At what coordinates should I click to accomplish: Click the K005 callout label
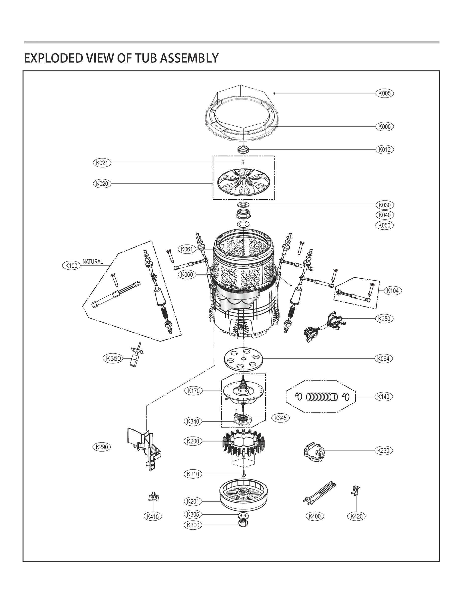coord(385,93)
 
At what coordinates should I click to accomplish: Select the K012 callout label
coord(385,149)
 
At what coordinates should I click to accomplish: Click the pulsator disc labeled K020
coord(243,182)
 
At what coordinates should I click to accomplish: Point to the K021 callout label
coord(102,163)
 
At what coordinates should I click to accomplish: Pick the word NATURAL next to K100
coord(93,262)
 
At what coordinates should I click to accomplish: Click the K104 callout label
coord(393,291)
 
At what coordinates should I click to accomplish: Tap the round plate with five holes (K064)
coord(243,358)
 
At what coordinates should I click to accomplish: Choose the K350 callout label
coord(113,358)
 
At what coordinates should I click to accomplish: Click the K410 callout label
coord(153,516)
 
